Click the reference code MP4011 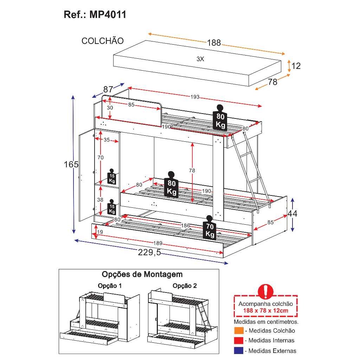[x=108, y=15]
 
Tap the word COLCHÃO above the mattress [x=103, y=41]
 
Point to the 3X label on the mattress [x=200, y=59]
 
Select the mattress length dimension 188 [x=214, y=43]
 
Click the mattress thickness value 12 [x=296, y=66]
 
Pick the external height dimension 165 [x=71, y=164]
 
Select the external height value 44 [x=292, y=213]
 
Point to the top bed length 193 [x=195, y=97]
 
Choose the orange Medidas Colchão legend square [x=239, y=330]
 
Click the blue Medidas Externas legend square [x=239, y=351]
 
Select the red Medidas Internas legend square [x=239, y=340]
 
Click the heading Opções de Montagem [x=142, y=274]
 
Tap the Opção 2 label [x=185, y=286]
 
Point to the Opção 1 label [x=110, y=286]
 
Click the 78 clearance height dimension [x=192, y=171]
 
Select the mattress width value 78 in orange [x=272, y=82]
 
